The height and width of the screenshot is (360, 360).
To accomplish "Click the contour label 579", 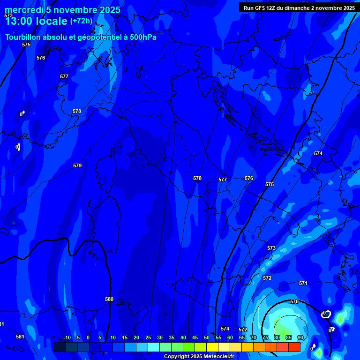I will pos(77,165).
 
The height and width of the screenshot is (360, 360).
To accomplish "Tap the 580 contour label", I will pos(109,299).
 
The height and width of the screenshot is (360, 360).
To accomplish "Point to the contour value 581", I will pos(20,337).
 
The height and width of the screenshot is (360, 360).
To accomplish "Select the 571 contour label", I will pos(303,283).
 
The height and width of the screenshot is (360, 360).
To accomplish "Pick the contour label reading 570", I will pos(294,301).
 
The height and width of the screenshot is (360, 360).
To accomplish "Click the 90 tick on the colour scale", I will pos(300,337).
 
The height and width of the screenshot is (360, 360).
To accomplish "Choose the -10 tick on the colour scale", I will pos(67,337).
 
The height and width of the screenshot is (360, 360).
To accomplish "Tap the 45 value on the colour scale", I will pos(195,337).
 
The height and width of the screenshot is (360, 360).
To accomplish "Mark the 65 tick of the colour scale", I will pos(242,337).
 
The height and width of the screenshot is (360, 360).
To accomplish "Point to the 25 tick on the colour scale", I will pos(148,337).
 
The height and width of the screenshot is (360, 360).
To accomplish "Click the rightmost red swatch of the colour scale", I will pos(294,347).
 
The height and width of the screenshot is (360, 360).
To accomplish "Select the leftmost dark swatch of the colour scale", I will pos(60,347).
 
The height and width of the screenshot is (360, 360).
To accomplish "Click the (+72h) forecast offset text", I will pos(82,21).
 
